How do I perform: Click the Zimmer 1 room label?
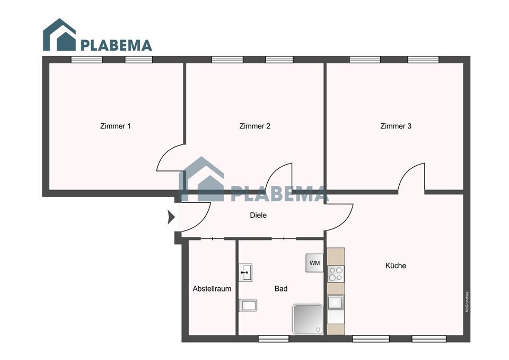click(115, 126)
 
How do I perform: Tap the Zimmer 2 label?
click(255, 126)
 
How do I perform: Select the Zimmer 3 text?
click(396, 126)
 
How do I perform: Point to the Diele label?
click(258, 216)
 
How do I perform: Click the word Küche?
click(396, 265)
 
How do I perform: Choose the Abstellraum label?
click(212, 289)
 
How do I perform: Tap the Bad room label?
click(281, 289)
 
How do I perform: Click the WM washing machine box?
click(314, 263)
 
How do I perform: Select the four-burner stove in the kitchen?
click(336, 273)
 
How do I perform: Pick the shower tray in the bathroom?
click(307, 319)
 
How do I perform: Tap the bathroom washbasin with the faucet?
click(245, 272)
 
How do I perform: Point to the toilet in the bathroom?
click(248, 305)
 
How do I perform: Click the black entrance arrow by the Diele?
click(171, 217)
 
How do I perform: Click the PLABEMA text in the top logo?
click(116, 45)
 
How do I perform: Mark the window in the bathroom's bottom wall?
click(274, 338)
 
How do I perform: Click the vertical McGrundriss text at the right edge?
click(467, 302)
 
